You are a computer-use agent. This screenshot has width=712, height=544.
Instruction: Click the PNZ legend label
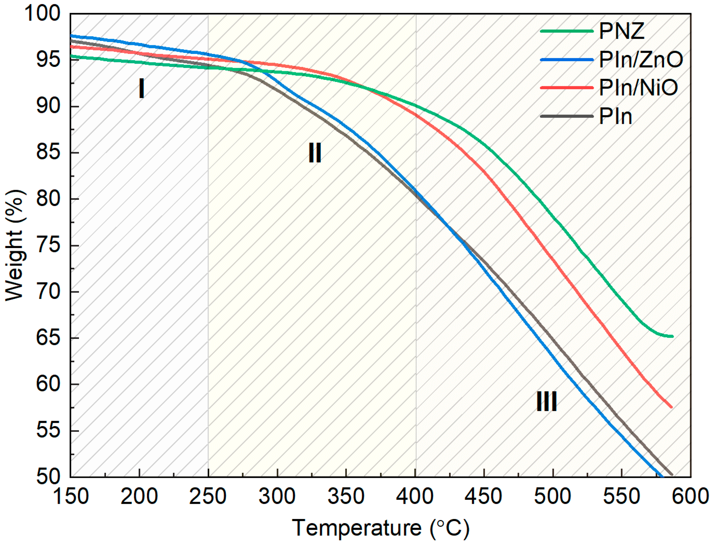pos(621,31)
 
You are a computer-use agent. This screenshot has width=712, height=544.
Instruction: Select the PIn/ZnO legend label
pos(641,60)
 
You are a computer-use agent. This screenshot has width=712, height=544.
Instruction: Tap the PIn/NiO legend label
pos(638,88)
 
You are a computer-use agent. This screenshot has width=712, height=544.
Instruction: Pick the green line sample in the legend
pos(567,31)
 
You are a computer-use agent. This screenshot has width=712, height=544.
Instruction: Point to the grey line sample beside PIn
pos(567,116)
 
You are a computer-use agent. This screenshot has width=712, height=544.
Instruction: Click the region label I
pos(141,89)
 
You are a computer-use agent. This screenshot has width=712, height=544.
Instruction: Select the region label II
pos(315,153)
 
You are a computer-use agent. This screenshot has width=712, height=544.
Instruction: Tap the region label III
pos(546,402)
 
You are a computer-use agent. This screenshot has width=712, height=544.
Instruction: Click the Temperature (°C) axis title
pos(381,528)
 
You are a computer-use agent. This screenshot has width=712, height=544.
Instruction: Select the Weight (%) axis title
pos(15,245)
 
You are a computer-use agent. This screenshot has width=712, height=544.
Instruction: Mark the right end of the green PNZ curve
pos(672,337)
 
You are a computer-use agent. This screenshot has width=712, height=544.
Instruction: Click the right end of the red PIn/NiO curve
pos(671,407)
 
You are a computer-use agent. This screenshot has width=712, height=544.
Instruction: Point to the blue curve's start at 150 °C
pos(71,36)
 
